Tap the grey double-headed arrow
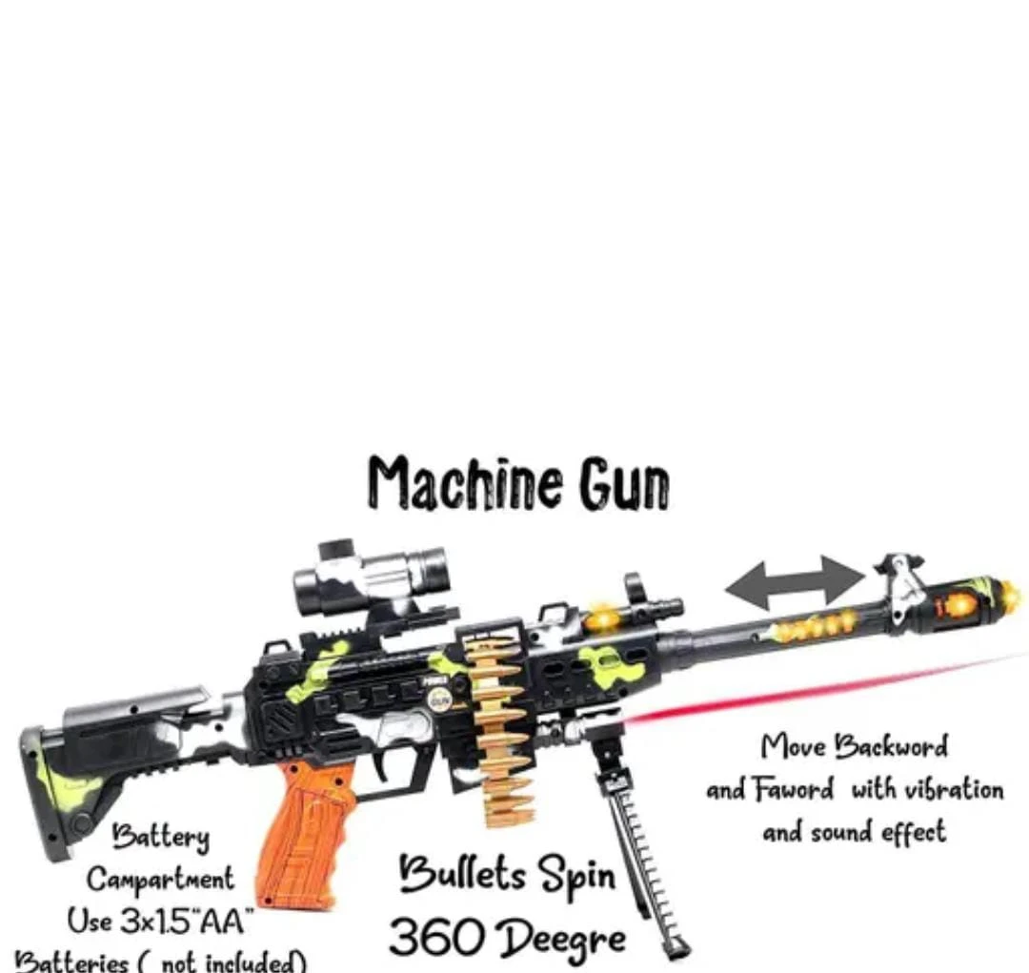[x=795, y=582]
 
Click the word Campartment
[x=160, y=879]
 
